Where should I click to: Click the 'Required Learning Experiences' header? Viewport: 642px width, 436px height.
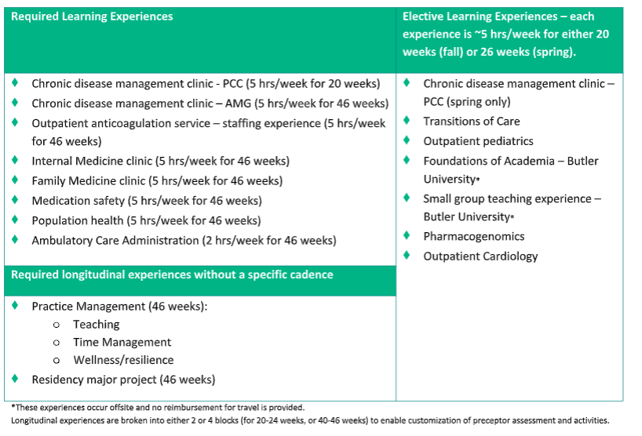point(92,16)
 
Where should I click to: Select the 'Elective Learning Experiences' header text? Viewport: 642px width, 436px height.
point(498,16)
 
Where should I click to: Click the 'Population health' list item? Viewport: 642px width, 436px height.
point(146,220)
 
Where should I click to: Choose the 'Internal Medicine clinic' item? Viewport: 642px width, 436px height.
point(160,161)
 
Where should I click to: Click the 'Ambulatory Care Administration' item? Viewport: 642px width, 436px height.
point(184,241)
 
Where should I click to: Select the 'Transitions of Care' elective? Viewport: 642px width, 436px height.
point(471,121)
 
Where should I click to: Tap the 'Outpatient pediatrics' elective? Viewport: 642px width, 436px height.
point(478,141)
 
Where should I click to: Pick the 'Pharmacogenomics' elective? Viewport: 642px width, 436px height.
point(473,236)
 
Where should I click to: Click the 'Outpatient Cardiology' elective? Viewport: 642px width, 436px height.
point(480,256)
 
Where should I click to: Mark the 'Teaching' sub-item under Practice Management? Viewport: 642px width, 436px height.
point(97,324)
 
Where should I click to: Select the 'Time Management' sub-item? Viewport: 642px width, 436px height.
point(122,342)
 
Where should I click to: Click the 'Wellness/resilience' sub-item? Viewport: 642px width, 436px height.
point(123,360)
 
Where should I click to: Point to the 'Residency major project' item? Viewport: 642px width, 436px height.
point(122,380)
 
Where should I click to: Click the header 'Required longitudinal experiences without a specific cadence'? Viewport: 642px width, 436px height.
point(172,274)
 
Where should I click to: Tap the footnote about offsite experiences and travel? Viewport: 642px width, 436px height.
point(158,408)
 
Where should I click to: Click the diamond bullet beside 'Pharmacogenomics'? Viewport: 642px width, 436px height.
point(407,235)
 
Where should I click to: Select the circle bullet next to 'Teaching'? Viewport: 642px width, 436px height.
point(56,325)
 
